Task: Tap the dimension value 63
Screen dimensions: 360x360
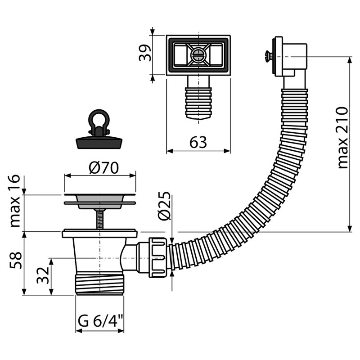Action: (198, 142)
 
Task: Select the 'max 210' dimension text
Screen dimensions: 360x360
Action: (343, 138)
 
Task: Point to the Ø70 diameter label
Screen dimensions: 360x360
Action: (103, 168)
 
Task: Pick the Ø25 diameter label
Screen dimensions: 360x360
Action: (165, 206)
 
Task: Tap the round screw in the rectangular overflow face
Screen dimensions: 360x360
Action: (198, 55)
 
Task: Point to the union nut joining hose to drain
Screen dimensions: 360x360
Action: (155, 256)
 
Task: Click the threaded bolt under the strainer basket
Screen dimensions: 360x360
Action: (99, 219)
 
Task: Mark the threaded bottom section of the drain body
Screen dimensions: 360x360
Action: (99, 283)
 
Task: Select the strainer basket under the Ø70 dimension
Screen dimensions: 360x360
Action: (99, 201)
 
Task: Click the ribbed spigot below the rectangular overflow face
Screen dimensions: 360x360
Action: (198, 101)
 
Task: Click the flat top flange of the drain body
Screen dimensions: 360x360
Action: (99, 233)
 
